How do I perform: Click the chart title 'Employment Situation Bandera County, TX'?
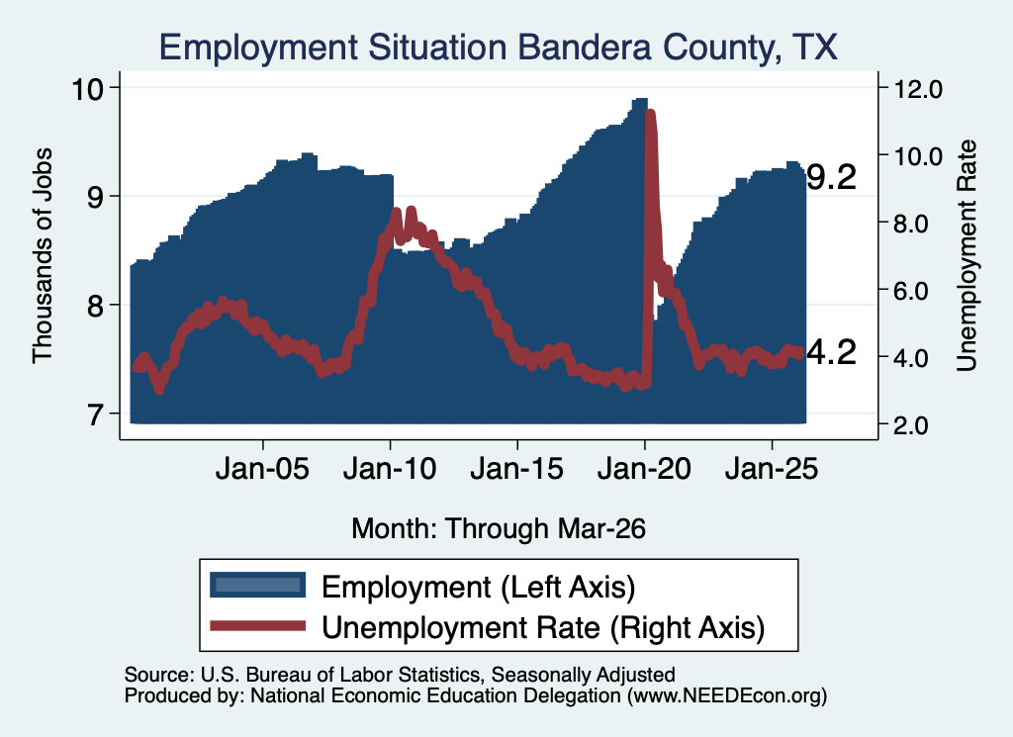tap(499, 47)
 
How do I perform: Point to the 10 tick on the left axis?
tap(87, 88)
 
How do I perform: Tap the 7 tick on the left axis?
tap(95, 414)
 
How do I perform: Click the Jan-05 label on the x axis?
tap(262, 468)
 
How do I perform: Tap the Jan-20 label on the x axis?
tap(644, 468)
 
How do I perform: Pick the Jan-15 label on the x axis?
tap(516, 468)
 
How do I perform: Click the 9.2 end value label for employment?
tap(831, 176)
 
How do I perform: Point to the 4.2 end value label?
tap(831, 352)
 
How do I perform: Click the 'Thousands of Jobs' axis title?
tap(42, 255)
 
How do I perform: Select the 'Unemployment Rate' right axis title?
tap(967, 255)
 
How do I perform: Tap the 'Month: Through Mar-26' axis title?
tap(499, 528)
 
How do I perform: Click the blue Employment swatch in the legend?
tap(258, 586)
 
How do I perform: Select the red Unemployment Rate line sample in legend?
tap(258, 625)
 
